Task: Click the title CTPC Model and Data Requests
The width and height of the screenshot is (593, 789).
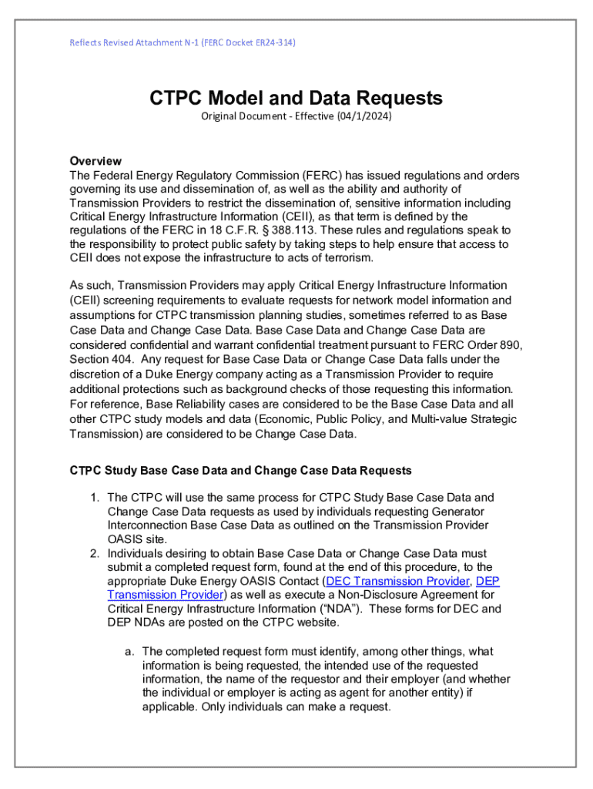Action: point(296,98)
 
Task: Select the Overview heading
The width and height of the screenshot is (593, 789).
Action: point(95,161)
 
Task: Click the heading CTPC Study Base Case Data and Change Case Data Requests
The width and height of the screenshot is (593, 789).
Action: point(241,470)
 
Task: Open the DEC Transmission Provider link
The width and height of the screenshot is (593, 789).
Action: point(397,581)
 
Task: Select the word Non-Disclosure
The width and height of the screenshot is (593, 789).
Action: point(377,595)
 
